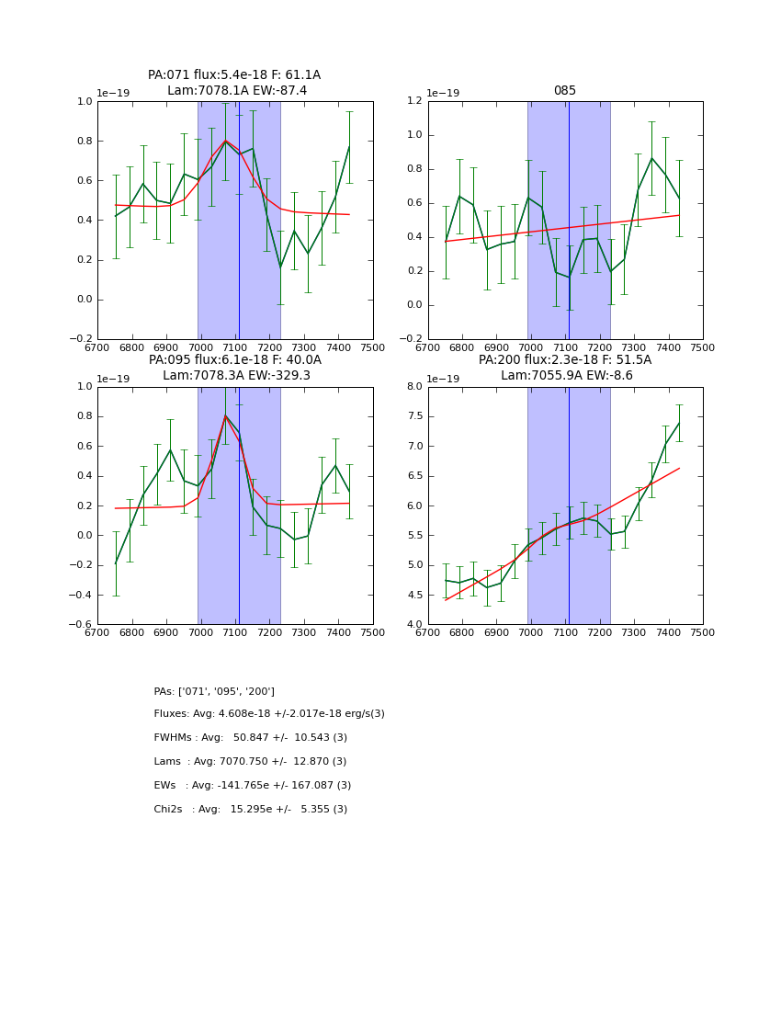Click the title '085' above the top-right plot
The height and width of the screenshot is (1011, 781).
[564, 91]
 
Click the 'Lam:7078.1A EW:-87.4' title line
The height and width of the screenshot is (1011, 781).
[237, 91]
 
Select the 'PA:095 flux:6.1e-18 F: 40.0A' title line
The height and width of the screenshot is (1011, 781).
[235, 360]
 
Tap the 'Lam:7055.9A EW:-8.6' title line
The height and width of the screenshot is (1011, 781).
[564, 376]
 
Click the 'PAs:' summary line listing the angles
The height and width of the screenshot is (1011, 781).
[214, 691]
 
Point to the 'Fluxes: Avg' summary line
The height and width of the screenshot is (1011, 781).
[269, 714]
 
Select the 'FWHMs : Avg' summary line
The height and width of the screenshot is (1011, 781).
[251, 738]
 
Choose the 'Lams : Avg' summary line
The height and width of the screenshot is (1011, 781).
[251, 762]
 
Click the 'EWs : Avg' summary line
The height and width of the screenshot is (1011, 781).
[253, 786]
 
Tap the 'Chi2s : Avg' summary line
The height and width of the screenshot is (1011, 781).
[251, 810]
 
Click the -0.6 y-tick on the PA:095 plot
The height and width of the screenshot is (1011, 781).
[83, 625]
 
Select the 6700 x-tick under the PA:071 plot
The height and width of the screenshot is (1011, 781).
[97, 347]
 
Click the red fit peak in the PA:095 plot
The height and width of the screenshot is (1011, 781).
[225, 416]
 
